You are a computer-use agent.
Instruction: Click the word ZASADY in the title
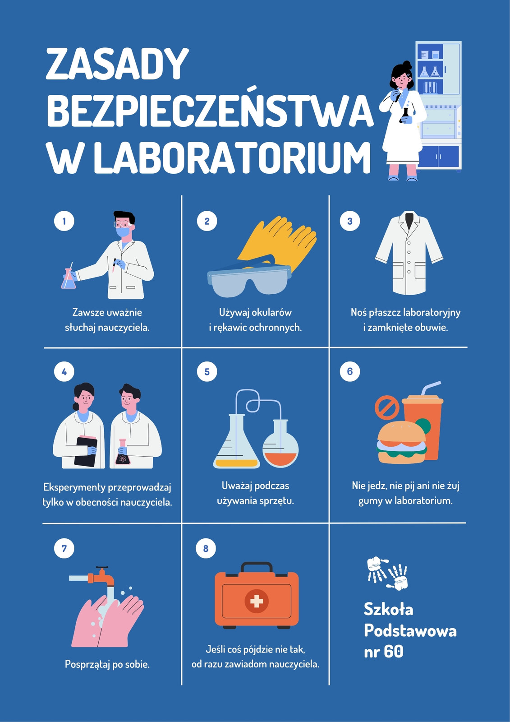click(x=117, y=64)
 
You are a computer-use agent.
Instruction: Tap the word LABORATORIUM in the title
click(x=232, y=158)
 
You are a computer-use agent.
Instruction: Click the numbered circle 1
click(x=64, y=221)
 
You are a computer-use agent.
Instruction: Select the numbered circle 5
click(x=207, y=372)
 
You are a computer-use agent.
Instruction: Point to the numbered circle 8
click(x=206, y=548)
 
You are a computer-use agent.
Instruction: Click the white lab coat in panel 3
click(x=409, y=253)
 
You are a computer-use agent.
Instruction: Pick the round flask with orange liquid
click(x=280, y=444)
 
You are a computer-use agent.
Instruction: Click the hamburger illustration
click(x=401, y=443)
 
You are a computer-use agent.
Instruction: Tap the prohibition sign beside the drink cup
click(x=387, y=408)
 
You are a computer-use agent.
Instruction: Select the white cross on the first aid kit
click(x=257, y=601)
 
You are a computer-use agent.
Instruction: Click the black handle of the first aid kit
click(x=257, y=568)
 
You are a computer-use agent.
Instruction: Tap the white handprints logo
click(x=388, y=573)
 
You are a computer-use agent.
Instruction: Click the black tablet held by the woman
click(x=85, y=452)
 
